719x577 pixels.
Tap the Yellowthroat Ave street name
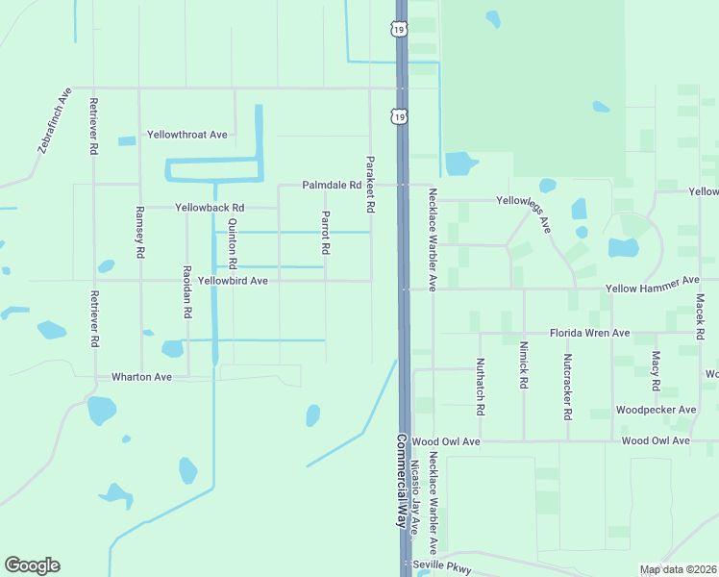[x=186, y=135]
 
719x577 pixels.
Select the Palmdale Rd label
[x=332, y=185]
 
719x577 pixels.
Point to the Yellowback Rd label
[x=210, y=207]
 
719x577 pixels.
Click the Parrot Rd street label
[x=326, y=233]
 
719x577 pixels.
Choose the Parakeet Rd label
[x=370, y=184]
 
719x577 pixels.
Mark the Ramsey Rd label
[x=140, y=232]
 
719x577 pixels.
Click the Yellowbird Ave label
[x=232, y=281]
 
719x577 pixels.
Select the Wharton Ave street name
[x=141, y=377]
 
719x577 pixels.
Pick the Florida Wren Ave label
[x=589, y=333]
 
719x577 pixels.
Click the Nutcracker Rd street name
[x=568, y=387]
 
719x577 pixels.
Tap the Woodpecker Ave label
[x=656, y=410]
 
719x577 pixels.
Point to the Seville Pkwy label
[x=443, y=568]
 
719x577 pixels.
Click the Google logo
[x=32, y=565]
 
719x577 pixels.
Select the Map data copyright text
[x=676, y=569]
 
